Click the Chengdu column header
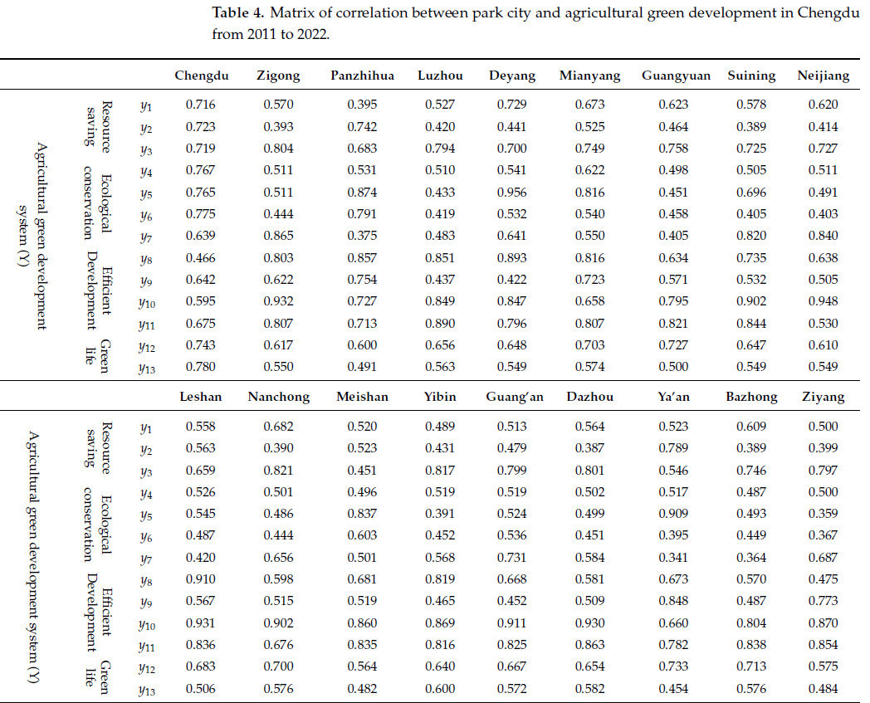point(200,76)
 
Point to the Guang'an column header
point(515,397)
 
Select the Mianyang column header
point(589,76)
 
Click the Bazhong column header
point(750,397)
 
